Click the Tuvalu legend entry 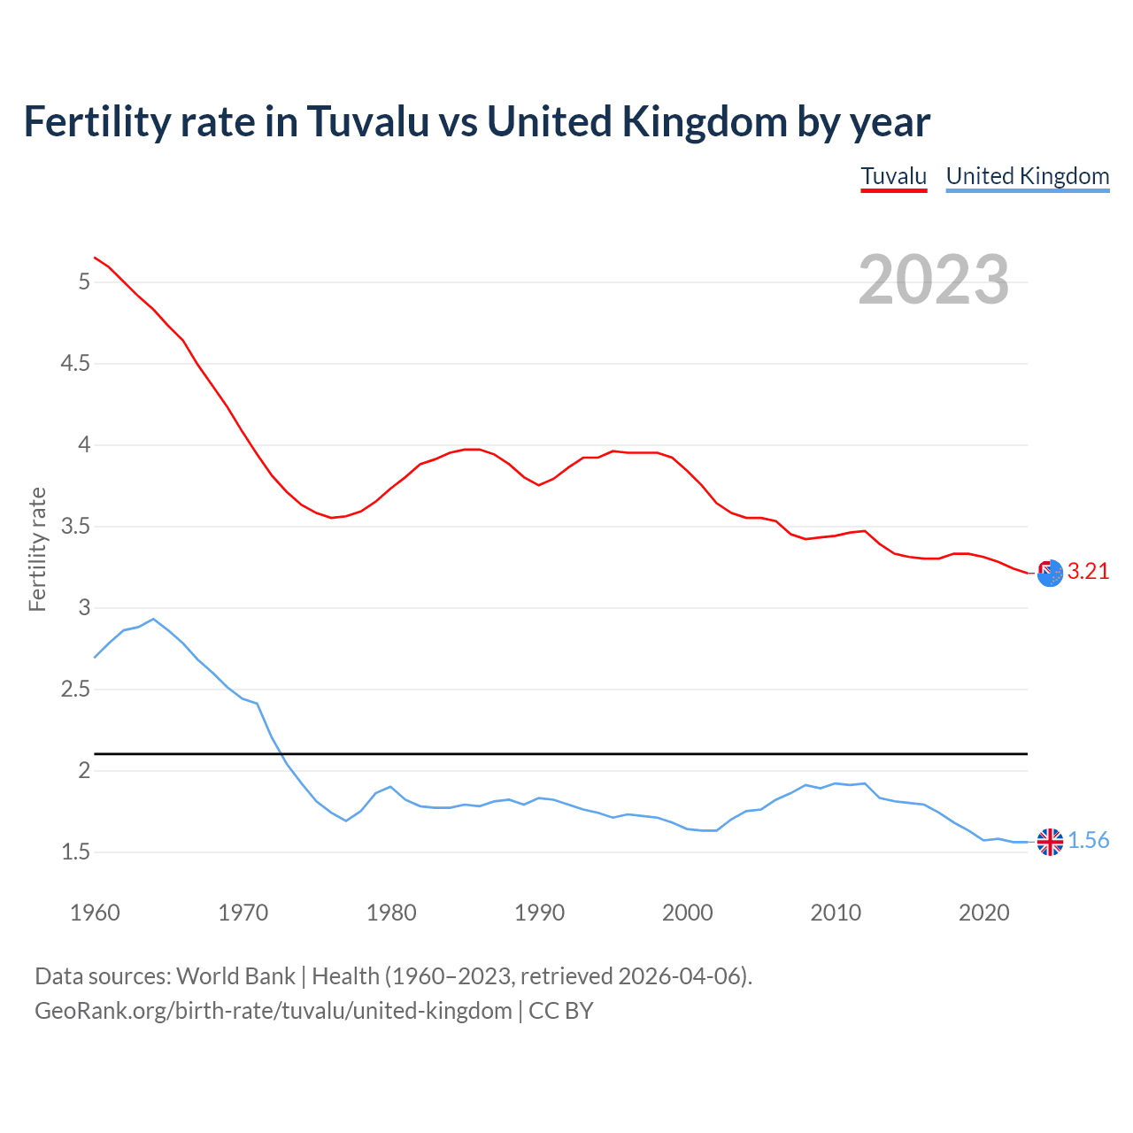[893, 176]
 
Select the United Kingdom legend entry [1027, 176]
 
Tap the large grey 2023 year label [934, 280]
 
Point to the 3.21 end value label [1088, 572]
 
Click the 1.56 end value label [1088, 841]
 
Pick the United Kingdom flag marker [1050, 842]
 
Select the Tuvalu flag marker [1050, 574]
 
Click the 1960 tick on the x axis [95, 913]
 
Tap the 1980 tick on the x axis [391, 913]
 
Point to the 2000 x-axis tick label [687, 913]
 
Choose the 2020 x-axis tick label [983, 913]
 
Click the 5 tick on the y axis [84, 282]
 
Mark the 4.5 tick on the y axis [75, 364]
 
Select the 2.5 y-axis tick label [75, 690]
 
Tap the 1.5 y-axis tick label [75, 852]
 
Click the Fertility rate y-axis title [37, 549]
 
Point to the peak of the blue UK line [153, 619]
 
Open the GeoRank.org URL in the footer [273, 1011]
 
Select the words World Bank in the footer [235, 976]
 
